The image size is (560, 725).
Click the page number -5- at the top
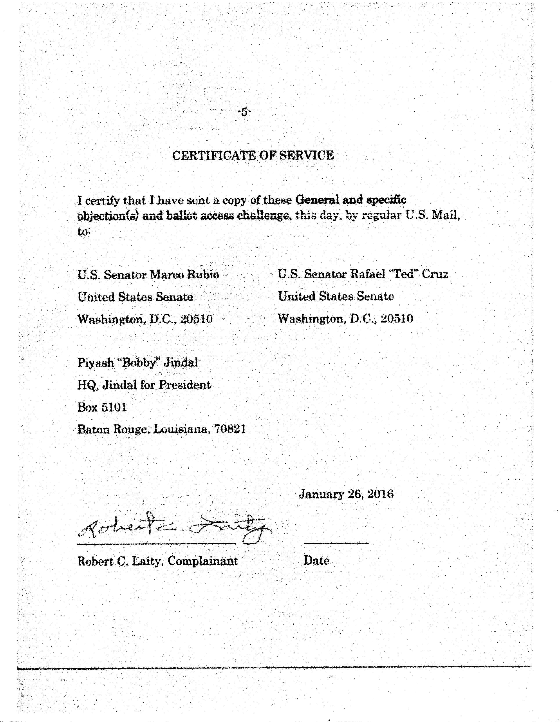pyautogui.click(x=244, y=112)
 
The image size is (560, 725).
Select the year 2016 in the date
pyautogui.click(x=381, y=494)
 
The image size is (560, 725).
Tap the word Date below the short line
pyautogui.click(x=316, y=561)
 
